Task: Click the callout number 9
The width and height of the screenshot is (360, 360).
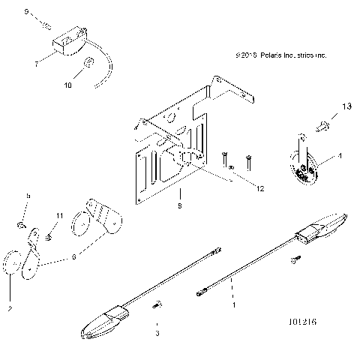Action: [x=28, y=13]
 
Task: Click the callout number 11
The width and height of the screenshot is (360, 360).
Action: [x=57, y=216]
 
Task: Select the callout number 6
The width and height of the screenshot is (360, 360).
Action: [x=73, y=256]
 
